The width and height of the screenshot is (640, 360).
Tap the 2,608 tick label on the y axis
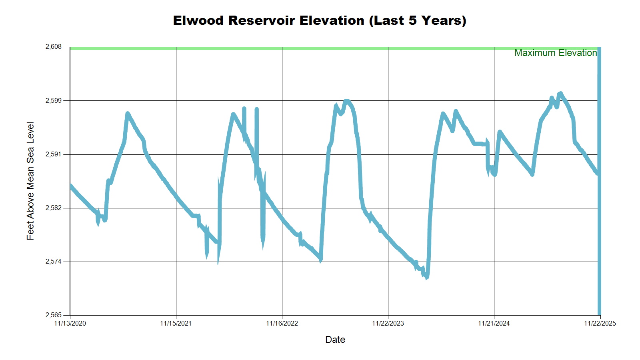[54, 47]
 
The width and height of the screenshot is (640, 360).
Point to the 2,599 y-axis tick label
[54, 100]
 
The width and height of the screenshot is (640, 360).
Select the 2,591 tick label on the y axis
[54, 154]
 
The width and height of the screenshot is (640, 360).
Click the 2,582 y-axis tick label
[54, 208]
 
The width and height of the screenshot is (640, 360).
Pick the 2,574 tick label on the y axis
[54, 262]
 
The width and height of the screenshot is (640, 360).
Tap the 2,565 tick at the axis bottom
[54, 315]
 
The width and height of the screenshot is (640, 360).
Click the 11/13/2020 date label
[70, 323]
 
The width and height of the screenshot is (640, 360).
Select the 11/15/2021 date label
[176, 323]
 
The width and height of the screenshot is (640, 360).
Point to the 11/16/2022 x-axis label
[282, 323]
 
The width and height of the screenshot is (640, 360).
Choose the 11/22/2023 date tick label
[388, 323]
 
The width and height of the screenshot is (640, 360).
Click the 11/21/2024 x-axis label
[494, 323]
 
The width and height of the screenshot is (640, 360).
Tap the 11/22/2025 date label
[600, 323]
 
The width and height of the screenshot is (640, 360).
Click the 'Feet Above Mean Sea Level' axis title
[30, 181]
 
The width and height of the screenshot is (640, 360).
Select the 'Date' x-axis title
[335, 340]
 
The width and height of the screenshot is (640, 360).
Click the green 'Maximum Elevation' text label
[556, 53]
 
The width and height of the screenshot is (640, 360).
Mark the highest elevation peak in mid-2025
[560, 93]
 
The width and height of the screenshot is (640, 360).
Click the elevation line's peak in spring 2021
[127, 114]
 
